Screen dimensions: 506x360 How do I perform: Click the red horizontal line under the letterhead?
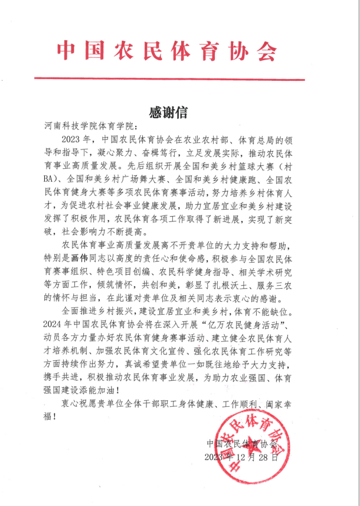point(169,79)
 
